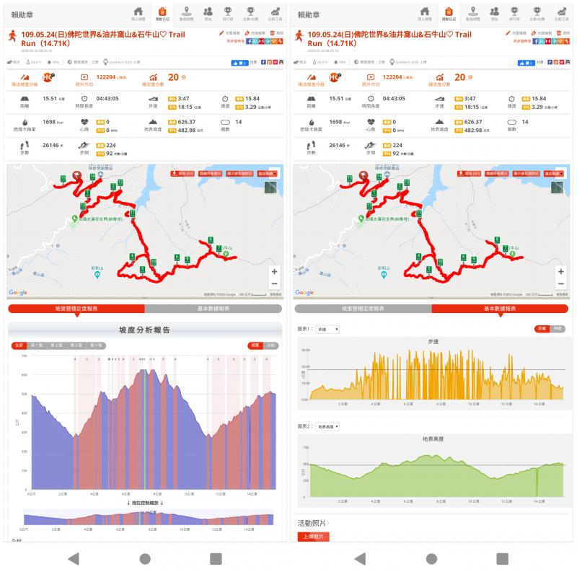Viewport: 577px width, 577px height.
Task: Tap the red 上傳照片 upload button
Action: pos(312,537)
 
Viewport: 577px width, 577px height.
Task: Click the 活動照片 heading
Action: pos(311,523)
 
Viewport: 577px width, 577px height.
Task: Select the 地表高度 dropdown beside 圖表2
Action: pos(328,426)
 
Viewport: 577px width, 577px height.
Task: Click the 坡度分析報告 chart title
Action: pos(144,330)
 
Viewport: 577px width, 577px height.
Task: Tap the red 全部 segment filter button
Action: pos(19,345)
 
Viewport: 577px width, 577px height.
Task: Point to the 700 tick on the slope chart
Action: pos(25,356)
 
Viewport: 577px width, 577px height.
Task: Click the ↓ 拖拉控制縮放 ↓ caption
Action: pos(145,503)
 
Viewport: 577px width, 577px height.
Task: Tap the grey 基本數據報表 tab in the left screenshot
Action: pos(213,308)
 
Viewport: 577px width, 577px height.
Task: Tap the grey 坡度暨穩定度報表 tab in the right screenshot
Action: pos(364,308)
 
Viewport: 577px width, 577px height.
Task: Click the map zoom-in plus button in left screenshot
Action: pos(274,272)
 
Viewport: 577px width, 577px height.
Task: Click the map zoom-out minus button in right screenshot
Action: pos(562,284)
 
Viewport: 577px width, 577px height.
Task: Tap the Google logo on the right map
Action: pos(304,292)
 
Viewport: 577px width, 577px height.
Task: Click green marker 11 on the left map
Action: pos(132,213)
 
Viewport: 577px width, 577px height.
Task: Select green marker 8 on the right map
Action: pos(496,240)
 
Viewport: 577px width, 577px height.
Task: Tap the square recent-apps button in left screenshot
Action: pos(216,558)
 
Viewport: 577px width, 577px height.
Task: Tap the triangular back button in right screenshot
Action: pos(360,558)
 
